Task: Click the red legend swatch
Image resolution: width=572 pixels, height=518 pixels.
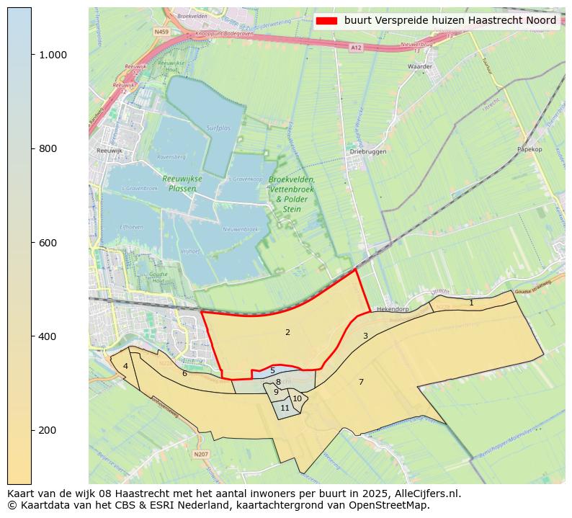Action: pos(326,21)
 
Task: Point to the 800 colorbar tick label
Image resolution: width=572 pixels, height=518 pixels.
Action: pos(48,148)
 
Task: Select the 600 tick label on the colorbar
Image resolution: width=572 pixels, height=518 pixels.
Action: pos(48,243)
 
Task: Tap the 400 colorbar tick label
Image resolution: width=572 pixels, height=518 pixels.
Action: pos(48,336)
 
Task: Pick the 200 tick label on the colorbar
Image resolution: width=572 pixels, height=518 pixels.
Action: pos(48,430)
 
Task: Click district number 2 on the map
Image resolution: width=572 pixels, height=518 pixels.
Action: pos(287,332)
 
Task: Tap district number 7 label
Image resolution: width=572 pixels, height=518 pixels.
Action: pos(361,382)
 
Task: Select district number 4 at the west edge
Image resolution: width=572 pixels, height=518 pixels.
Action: pos(125,366)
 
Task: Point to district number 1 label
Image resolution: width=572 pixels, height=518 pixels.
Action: pos(471,303)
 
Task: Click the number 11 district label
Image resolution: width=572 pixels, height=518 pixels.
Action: pos(285,408)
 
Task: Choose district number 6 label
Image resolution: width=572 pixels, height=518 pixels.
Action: pos(184,373)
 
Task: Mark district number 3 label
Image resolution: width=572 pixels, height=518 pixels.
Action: pos(365,336)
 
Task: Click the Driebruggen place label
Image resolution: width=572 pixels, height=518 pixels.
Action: pos(368,152)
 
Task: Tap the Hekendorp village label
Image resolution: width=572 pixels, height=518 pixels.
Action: pos(393,308)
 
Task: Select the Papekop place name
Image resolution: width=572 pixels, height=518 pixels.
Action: pos(529,150)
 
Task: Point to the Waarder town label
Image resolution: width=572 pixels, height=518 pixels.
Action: pos(419,66)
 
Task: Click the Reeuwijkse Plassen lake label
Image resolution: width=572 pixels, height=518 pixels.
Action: pos(182,184)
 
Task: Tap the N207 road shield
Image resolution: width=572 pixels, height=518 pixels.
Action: pos(200,454)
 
